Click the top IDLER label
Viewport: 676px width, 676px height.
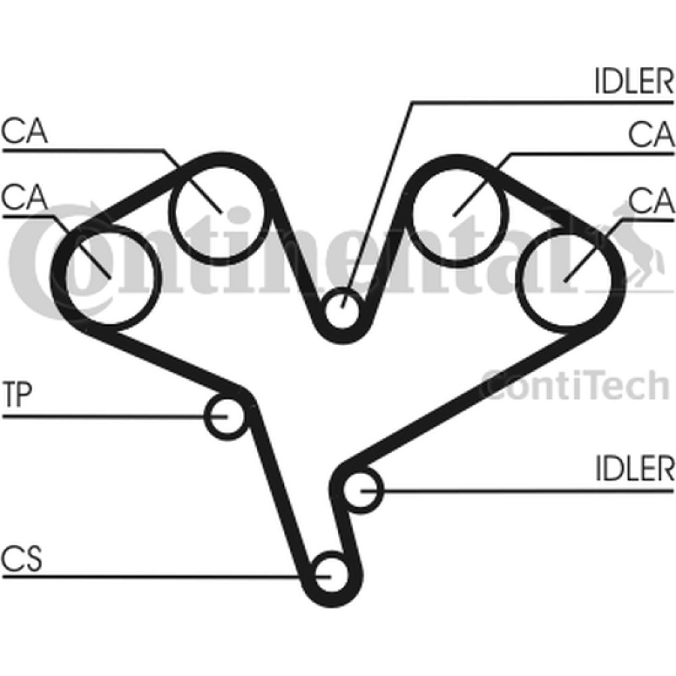[634, 80]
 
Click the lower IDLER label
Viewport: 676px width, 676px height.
[634, 468]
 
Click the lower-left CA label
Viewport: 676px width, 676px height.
[24, 197]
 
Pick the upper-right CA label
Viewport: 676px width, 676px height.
[651, 134]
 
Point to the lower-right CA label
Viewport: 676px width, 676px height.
[651, 201]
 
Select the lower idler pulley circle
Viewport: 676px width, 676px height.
[343, 490]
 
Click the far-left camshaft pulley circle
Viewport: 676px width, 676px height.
[65, 276]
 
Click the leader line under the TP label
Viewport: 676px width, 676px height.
[115, 416]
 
